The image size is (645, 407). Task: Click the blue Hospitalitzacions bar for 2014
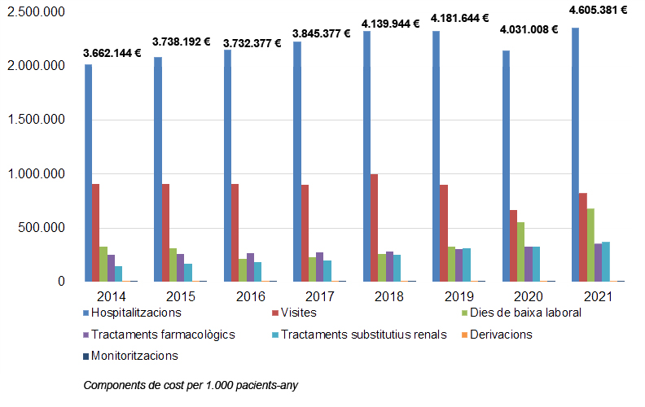(89, 173)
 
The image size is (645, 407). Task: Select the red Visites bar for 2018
(374, 228)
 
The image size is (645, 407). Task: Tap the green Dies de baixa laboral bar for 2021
(590, 245)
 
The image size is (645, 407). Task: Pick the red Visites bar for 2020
(513, 246)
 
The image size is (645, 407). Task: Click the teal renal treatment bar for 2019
(467, 265)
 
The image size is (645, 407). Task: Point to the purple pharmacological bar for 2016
(250, 267)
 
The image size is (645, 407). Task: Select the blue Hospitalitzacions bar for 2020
(506, 166)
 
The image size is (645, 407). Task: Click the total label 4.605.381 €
(598, 10)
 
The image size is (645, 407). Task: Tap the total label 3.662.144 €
(112, 53)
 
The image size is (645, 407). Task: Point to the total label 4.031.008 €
(529, 29)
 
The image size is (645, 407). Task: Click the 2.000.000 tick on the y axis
(36, 65)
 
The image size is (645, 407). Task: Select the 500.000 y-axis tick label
(42, 227)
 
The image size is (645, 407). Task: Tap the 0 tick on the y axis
(61, 281)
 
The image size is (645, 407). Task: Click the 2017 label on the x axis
(319, 296)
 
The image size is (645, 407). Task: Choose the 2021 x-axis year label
(598, 296)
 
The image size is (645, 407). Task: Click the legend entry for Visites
(295, 313)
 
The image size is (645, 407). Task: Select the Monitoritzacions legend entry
(131, 356)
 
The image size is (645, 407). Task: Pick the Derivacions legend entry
(497, 335)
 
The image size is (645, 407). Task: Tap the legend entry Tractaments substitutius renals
(359, 335)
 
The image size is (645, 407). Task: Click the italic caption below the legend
(191, 385)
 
